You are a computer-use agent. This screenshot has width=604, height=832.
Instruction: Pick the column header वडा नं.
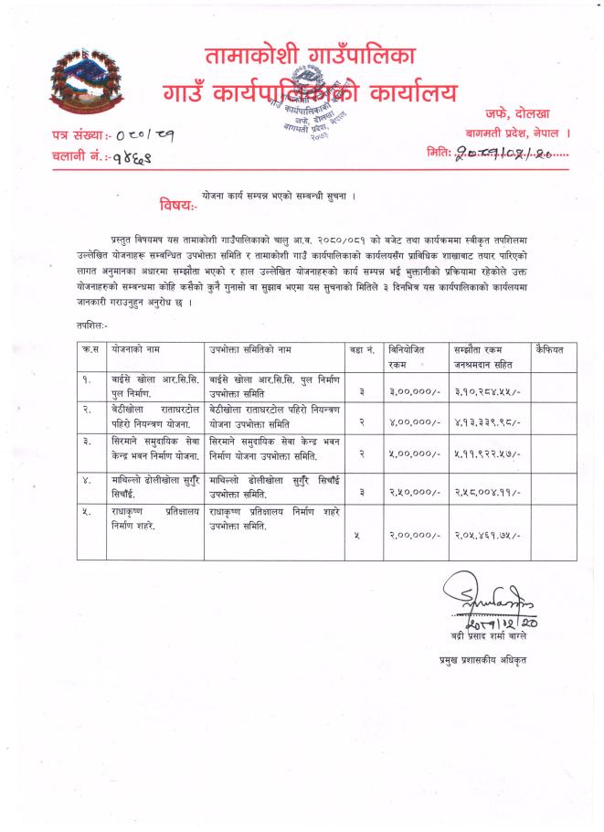362,350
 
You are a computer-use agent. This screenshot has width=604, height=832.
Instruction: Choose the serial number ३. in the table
86,443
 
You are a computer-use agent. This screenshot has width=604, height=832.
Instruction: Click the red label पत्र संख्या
79,135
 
